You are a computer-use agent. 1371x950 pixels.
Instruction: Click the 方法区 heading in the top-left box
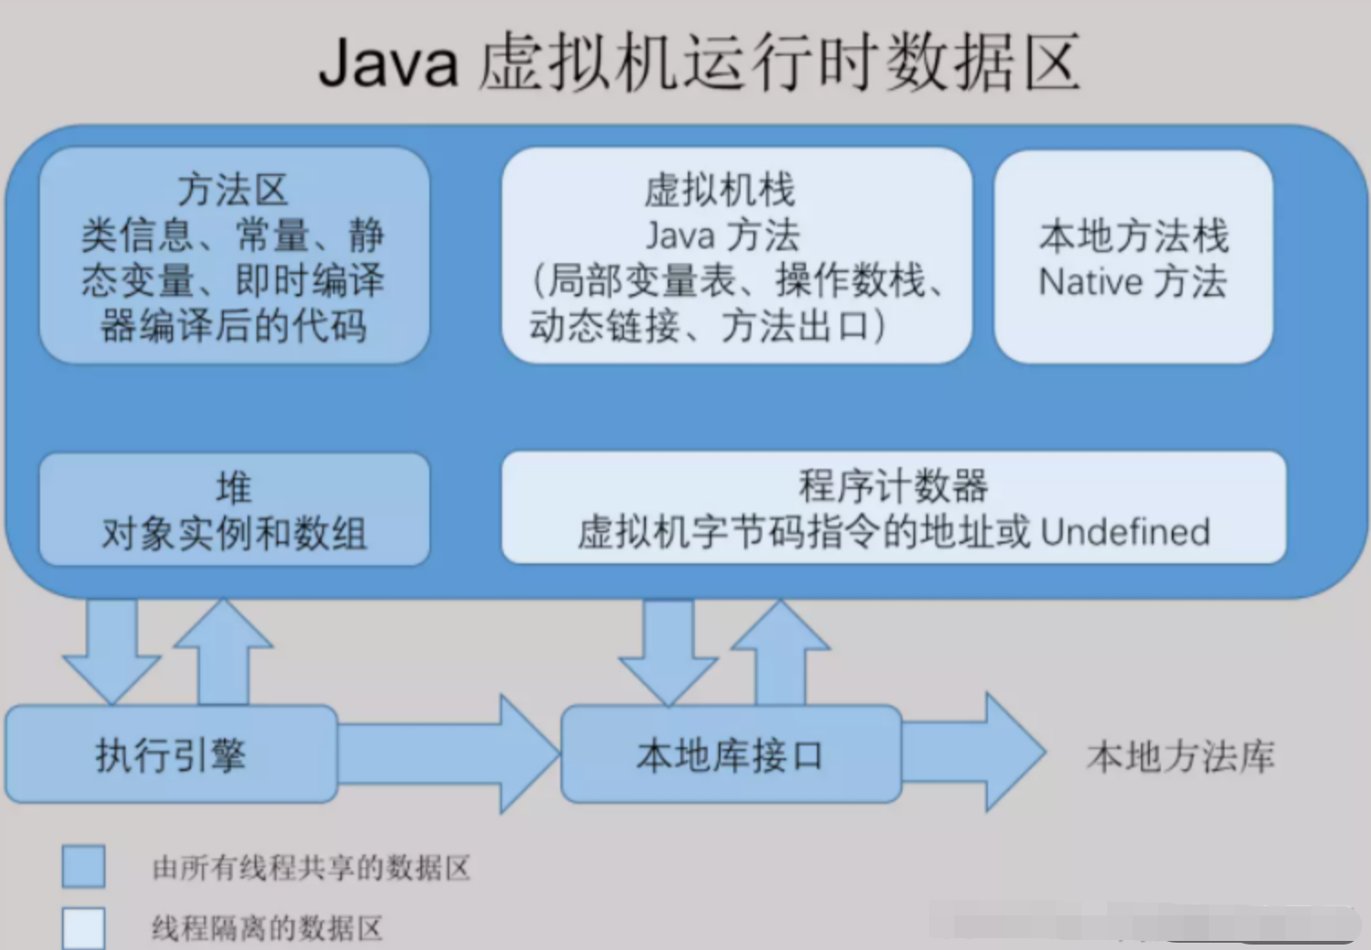233,189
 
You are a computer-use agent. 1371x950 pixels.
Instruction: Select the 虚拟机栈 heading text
720,189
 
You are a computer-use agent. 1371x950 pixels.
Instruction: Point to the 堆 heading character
234,488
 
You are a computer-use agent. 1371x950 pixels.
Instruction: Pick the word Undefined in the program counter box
1125,531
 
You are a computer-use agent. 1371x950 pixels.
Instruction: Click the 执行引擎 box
171,754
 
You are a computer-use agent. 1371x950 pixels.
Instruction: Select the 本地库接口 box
731,754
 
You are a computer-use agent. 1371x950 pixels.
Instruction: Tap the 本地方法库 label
1181,756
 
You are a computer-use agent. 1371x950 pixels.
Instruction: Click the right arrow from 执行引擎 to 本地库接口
449,754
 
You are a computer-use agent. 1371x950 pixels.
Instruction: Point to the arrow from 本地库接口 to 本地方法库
973,753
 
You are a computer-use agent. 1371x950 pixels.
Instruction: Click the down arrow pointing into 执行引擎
111,652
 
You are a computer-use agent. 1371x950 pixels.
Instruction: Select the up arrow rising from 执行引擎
224,652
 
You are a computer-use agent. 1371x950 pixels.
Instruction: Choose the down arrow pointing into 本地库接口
669,652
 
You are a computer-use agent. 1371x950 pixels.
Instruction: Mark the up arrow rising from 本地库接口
781,652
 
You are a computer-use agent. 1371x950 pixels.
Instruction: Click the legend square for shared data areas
84,866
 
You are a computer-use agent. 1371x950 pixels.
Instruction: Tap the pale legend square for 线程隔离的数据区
84,928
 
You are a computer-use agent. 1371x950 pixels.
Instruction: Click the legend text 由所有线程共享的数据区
311,867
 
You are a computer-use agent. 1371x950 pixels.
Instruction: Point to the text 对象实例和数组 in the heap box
234,533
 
